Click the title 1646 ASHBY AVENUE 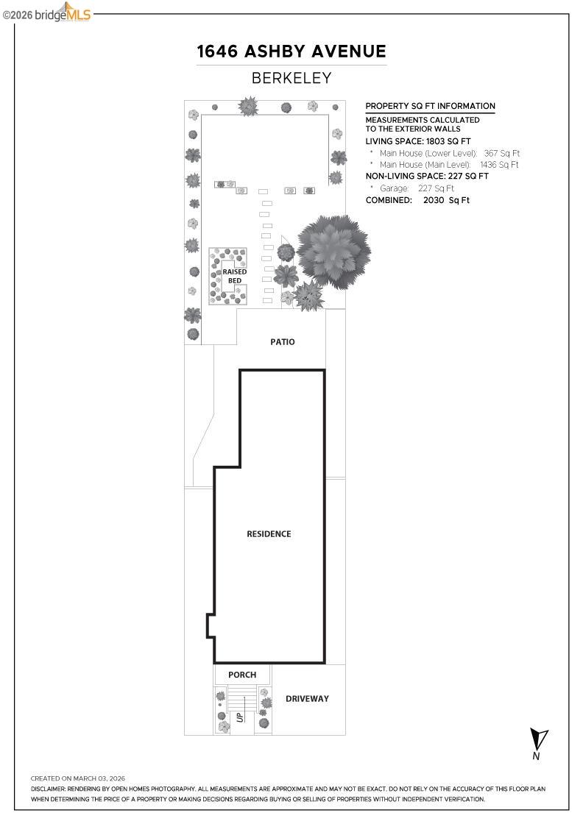click(x=291, y=51)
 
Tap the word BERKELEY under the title click(x=291, y=78)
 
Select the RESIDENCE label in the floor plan click(x=269, y=534)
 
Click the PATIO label click(x=282, y=342)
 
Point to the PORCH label click(x=242, y=675)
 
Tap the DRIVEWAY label click(x=307, y=698)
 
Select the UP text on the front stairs click(x=240, y=716)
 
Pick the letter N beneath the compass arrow click(x=537, y=756)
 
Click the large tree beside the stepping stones click(x=333, y=251)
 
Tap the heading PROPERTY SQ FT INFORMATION click(x=430, y=106)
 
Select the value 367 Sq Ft click(x=501, y=153)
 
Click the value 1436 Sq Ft click(x=499, y=165)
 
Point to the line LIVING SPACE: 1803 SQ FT click(x=418, y=141)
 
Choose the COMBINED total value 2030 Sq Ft click(x=446, y=200)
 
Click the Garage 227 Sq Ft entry click(x=417, y=188)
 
